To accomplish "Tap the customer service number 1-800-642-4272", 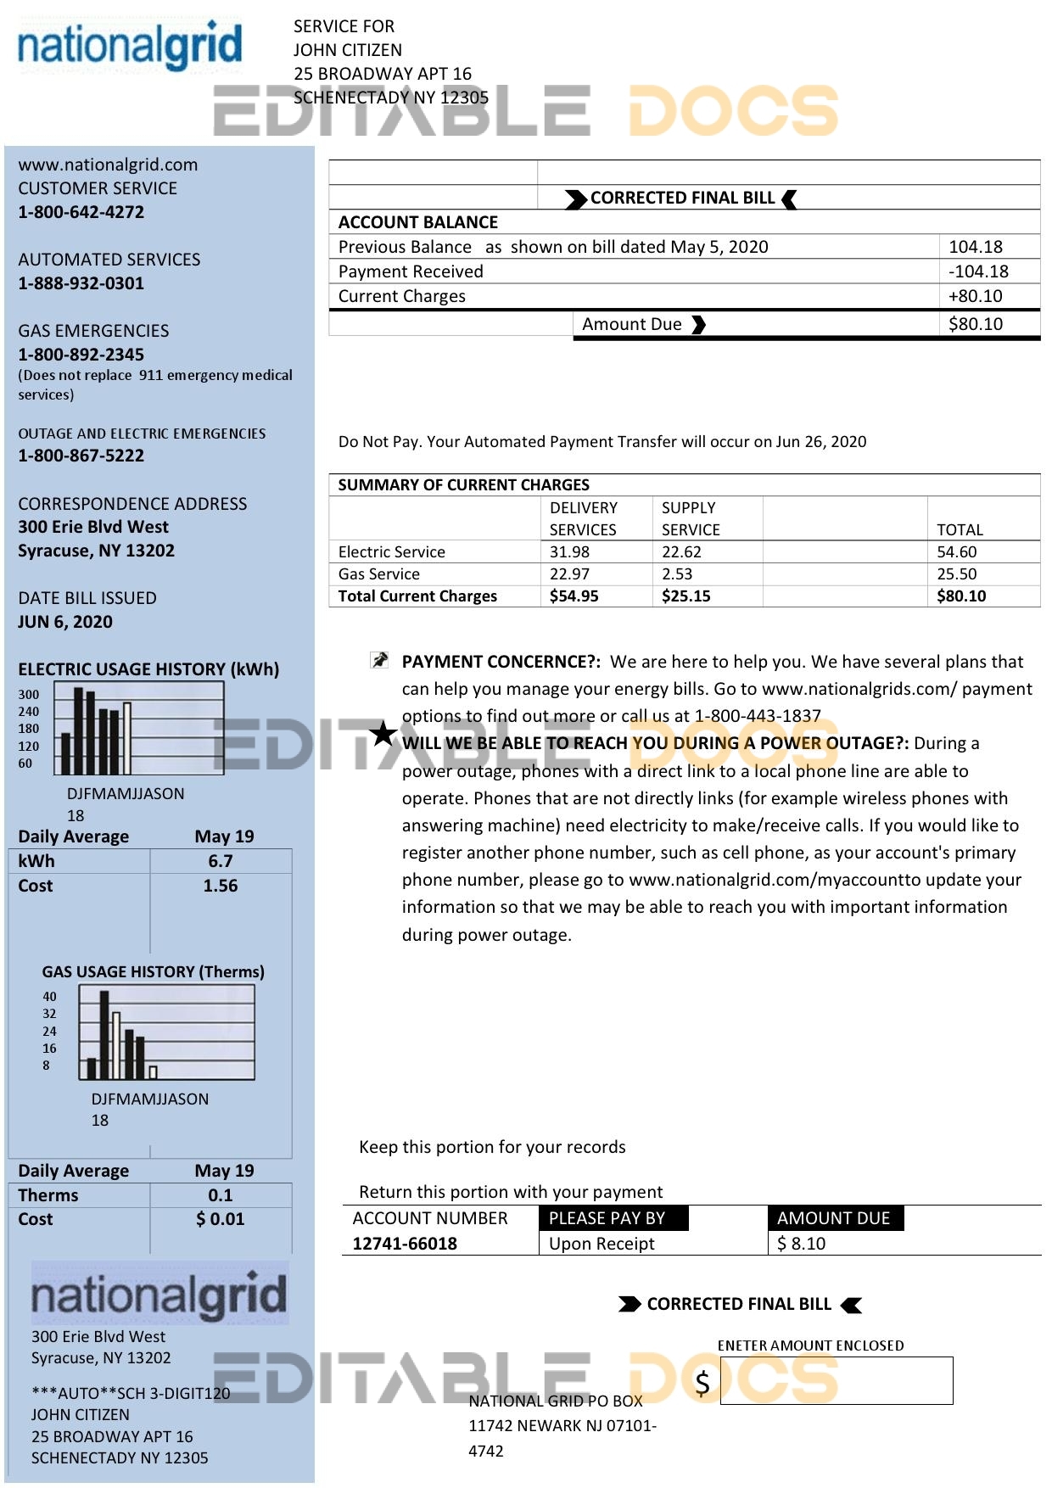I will (x=81, y=212).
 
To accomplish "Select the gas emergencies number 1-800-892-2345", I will (x=81, y=355).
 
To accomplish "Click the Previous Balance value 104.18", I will (x=975, y=247).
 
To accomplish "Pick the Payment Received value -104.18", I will (x=978, y=271).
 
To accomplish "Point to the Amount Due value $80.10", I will (x=975, y=324).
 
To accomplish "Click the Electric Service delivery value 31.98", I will (x=569, y=551).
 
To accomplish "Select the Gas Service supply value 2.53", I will (x=677, y=574).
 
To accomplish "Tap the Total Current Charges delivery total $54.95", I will (x=574, y=596).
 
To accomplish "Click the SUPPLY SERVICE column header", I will (x=690, y=518).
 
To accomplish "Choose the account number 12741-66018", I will (x=405, y=1244).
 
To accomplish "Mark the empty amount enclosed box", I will (x=836, y=1380).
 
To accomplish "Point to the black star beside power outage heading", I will (x=383, y=733).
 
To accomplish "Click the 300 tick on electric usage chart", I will (x=29, y=694).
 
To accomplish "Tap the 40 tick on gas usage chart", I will (x=49, y=997).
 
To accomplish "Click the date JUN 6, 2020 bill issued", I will (x=65, y=622).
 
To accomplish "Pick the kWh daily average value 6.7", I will (x=221, y=861).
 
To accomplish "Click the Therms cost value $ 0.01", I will (x=221, y=1219).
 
